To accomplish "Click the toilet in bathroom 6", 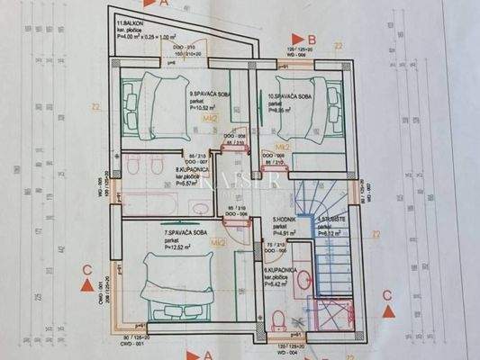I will [278, 320].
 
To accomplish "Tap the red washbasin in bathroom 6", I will [305, 280].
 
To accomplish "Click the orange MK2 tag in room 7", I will [217, 243].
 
